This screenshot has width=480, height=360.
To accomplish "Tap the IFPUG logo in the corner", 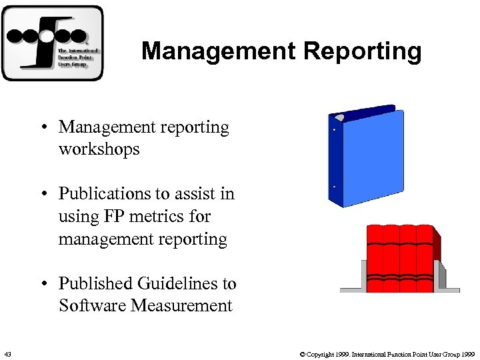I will [53, 43].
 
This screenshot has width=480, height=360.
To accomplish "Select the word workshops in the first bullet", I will [99, 149].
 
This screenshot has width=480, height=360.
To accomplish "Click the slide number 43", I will [7, 353].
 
